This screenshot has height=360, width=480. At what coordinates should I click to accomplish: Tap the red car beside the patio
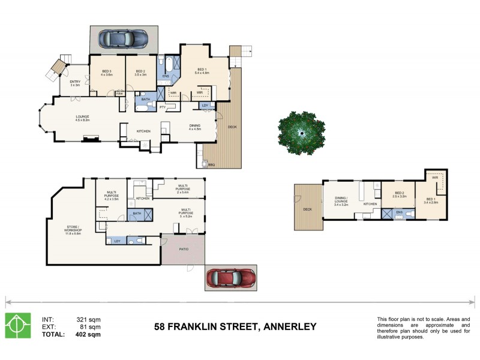point(231,278)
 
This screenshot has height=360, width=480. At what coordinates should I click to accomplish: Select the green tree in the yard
point(302,130)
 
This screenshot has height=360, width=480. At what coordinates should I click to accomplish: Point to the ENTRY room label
point(75,83)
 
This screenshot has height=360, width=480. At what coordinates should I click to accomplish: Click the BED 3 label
point(107,73)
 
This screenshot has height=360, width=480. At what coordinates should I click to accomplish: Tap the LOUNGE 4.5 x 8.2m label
point(82,118)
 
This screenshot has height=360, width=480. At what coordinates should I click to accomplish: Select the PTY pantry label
point(163,106)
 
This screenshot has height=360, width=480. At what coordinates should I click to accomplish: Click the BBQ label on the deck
point(212,164)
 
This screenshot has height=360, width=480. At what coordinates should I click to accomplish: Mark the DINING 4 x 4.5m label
point(195,127)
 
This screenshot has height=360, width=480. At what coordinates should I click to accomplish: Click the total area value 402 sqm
point(88,334)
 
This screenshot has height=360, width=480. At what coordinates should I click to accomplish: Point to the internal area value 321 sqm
point(88,319)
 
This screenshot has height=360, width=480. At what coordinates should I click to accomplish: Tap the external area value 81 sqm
point(91,327)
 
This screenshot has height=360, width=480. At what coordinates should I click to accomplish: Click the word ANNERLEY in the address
point(287,327)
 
